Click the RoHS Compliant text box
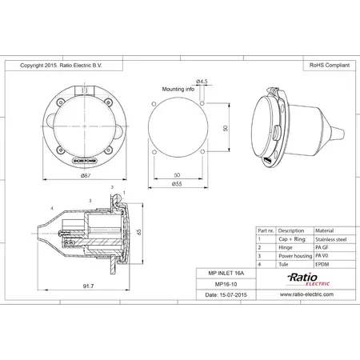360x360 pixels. (328, 66)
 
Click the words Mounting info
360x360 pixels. (178, 90)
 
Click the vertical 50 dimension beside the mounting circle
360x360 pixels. (226, 128)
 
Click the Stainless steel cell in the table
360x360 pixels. (331, 238)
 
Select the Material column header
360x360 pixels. (326, 230)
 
